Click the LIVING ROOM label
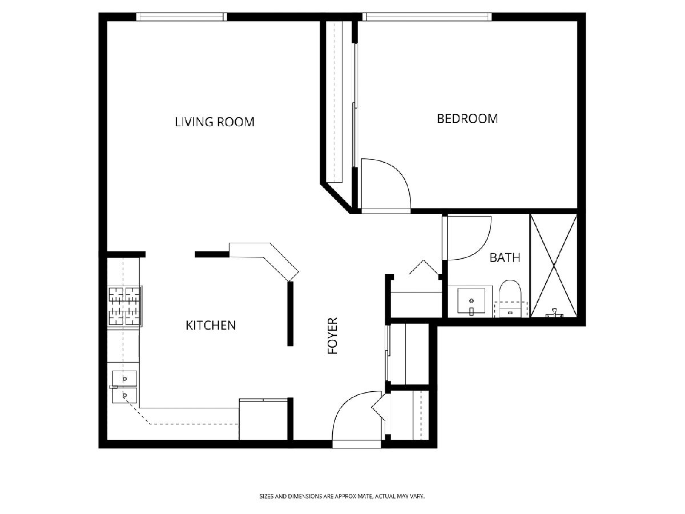pyautogui.click(x=215, y=122)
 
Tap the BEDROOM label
pyautogui.click(x=467, y=119)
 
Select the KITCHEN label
pyautogui.click(x=211, y=326)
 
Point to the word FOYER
pyautogui.click(x=333, y=336)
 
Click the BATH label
pyautogui.click(x=505, y=258)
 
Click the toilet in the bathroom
pyautogui.click(x=510, y=299)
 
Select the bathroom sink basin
pyautogui.click(x=472, y=301)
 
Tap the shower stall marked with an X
pyautogui.click(x=554, y=266)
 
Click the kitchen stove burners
pyautogui.click(x=124, y=307)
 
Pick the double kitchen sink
pyautogui.click(x=124, y=387)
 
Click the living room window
pyautogui.click(x=182, y=17)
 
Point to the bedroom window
pyautogui.click(x=427, y=17)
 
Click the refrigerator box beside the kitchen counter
pyautogui.click(x=263, y=419)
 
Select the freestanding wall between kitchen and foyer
pyautogui.click(x=290, y=314)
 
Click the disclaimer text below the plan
pyautogui.click(x=342, y=496)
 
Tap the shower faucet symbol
pyautogui.click(x=554, y=313)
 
